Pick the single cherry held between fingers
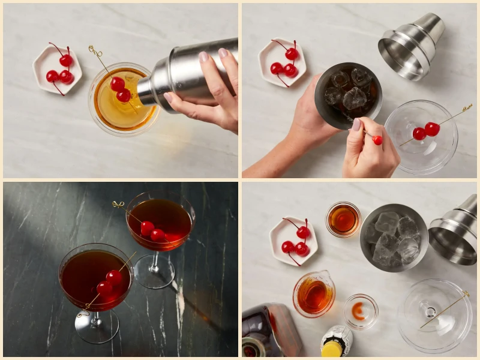pyautogui.click(x=377, y=140)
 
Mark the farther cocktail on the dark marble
pyautogui.click(x=160, y=222)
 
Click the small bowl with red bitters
pyautogui.click(x=361, y=311)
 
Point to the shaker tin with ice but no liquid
pyautogui.click(x=394, y=238)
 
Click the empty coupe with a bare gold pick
pyautogui.click(x=434, y=315)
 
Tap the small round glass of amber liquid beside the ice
pyautogui.click(x=343, y=220)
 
